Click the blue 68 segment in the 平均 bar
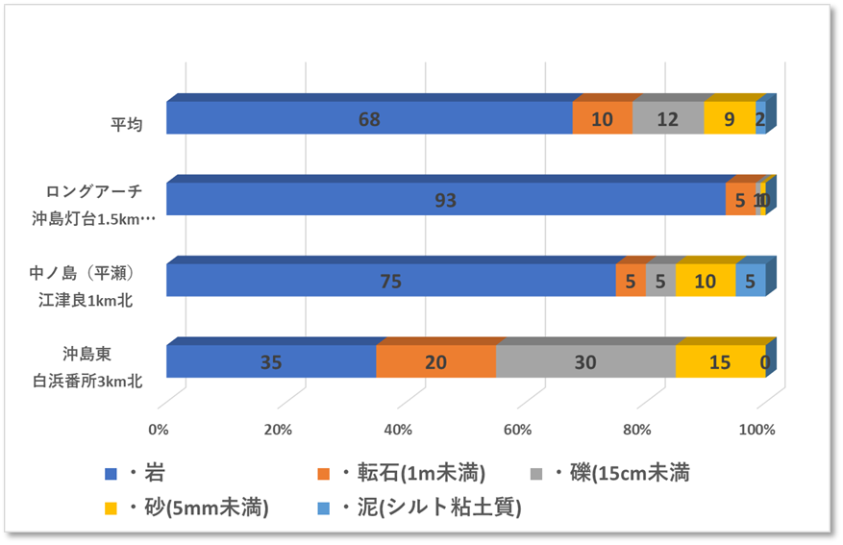368,119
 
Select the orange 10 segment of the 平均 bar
602,119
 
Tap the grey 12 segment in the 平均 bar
667,119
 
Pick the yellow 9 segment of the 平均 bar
730,119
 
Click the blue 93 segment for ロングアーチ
445,200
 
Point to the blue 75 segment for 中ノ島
390,281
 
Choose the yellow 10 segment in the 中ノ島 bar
705,281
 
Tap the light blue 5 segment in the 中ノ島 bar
750,281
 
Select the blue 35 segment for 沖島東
271,362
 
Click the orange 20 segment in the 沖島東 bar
435,362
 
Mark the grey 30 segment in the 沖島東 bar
584,362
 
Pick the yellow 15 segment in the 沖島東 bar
720,362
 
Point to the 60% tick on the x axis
518,429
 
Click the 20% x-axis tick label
279,429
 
